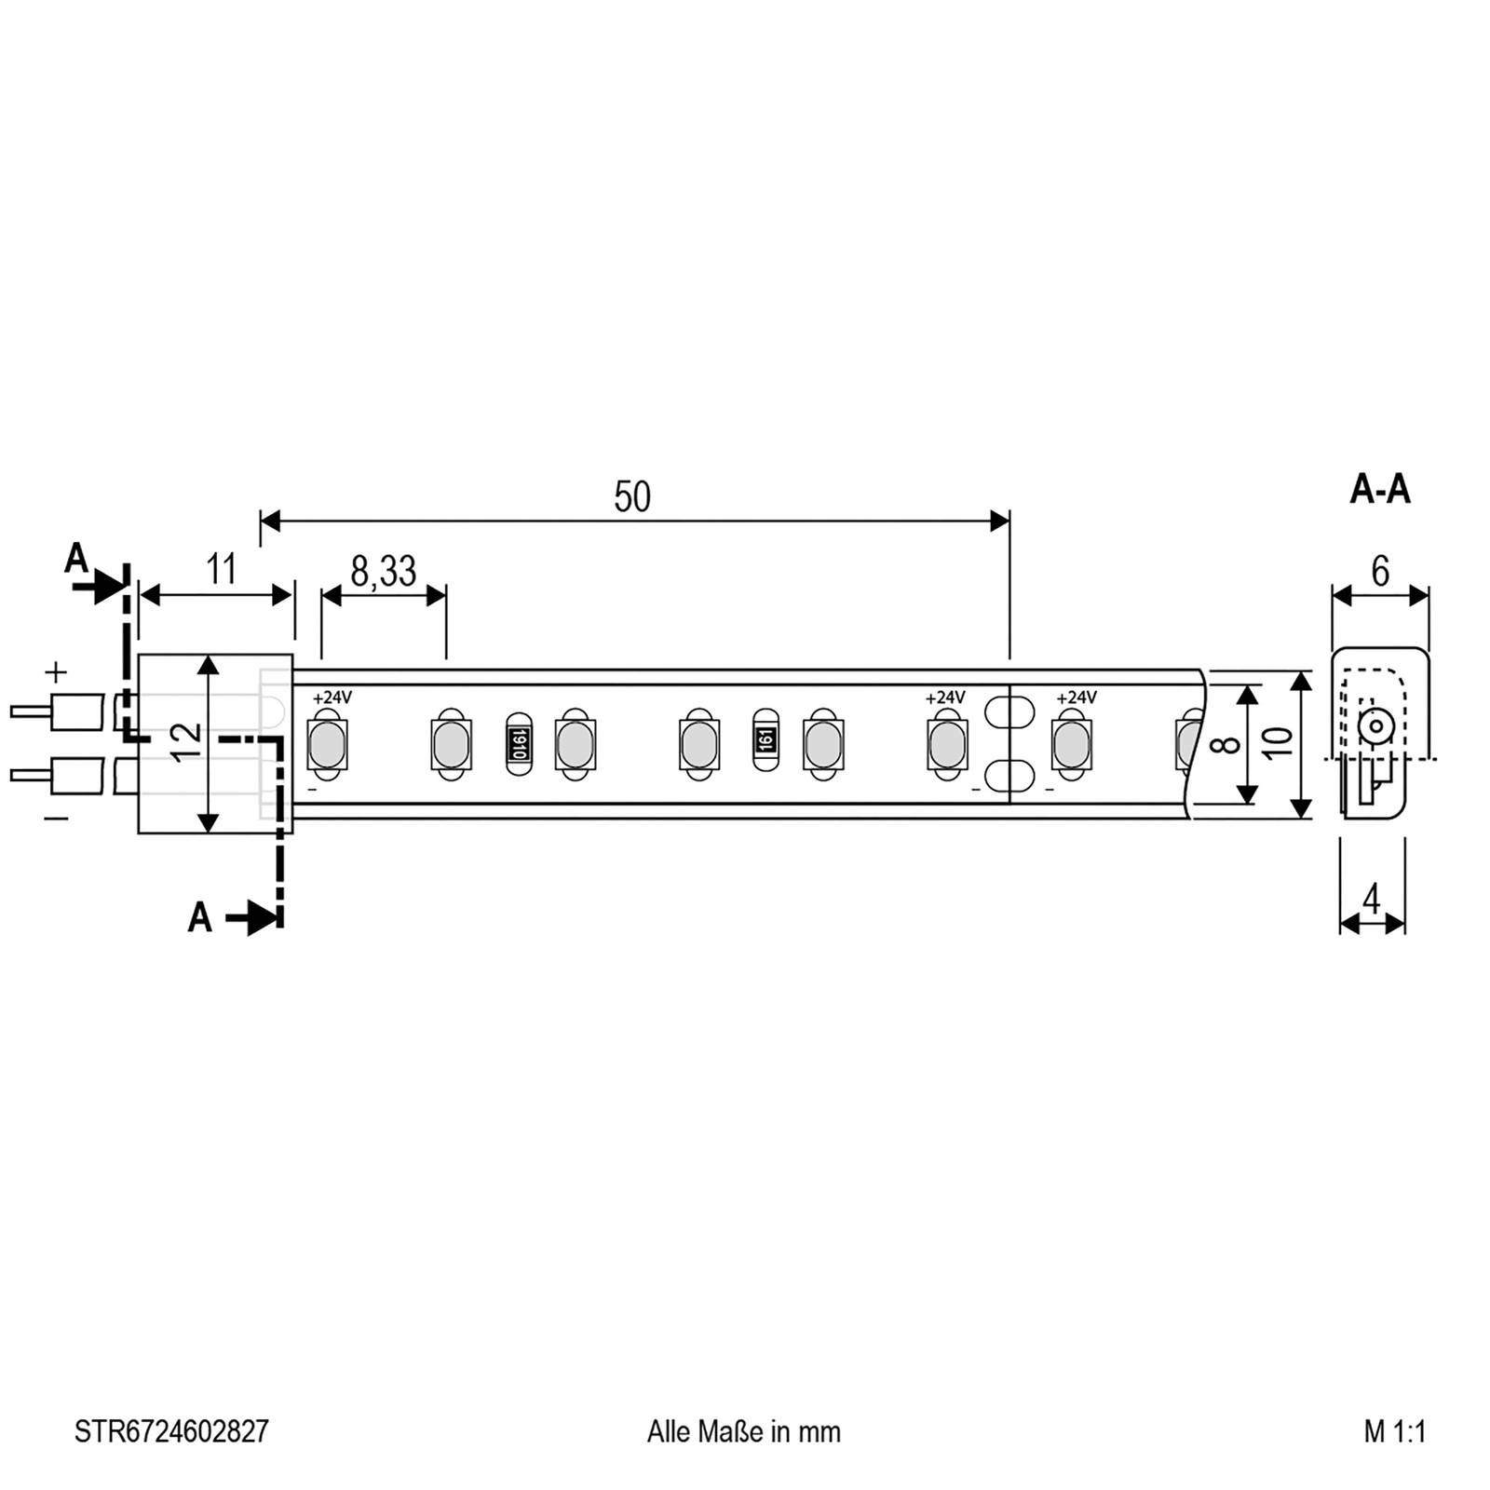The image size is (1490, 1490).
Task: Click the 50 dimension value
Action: tap(632, 497)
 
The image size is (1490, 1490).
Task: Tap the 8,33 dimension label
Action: tap(383, 571)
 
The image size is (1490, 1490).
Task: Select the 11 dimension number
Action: tap(221, 569)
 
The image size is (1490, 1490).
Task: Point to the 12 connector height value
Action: tap(188, 743)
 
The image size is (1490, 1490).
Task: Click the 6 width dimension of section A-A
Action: tap(1380, 571)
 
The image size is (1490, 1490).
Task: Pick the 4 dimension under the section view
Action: tap(1372, 901)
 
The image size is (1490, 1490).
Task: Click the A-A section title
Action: tap(1380, 489)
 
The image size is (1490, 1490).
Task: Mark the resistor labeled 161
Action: tap(765, 741)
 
